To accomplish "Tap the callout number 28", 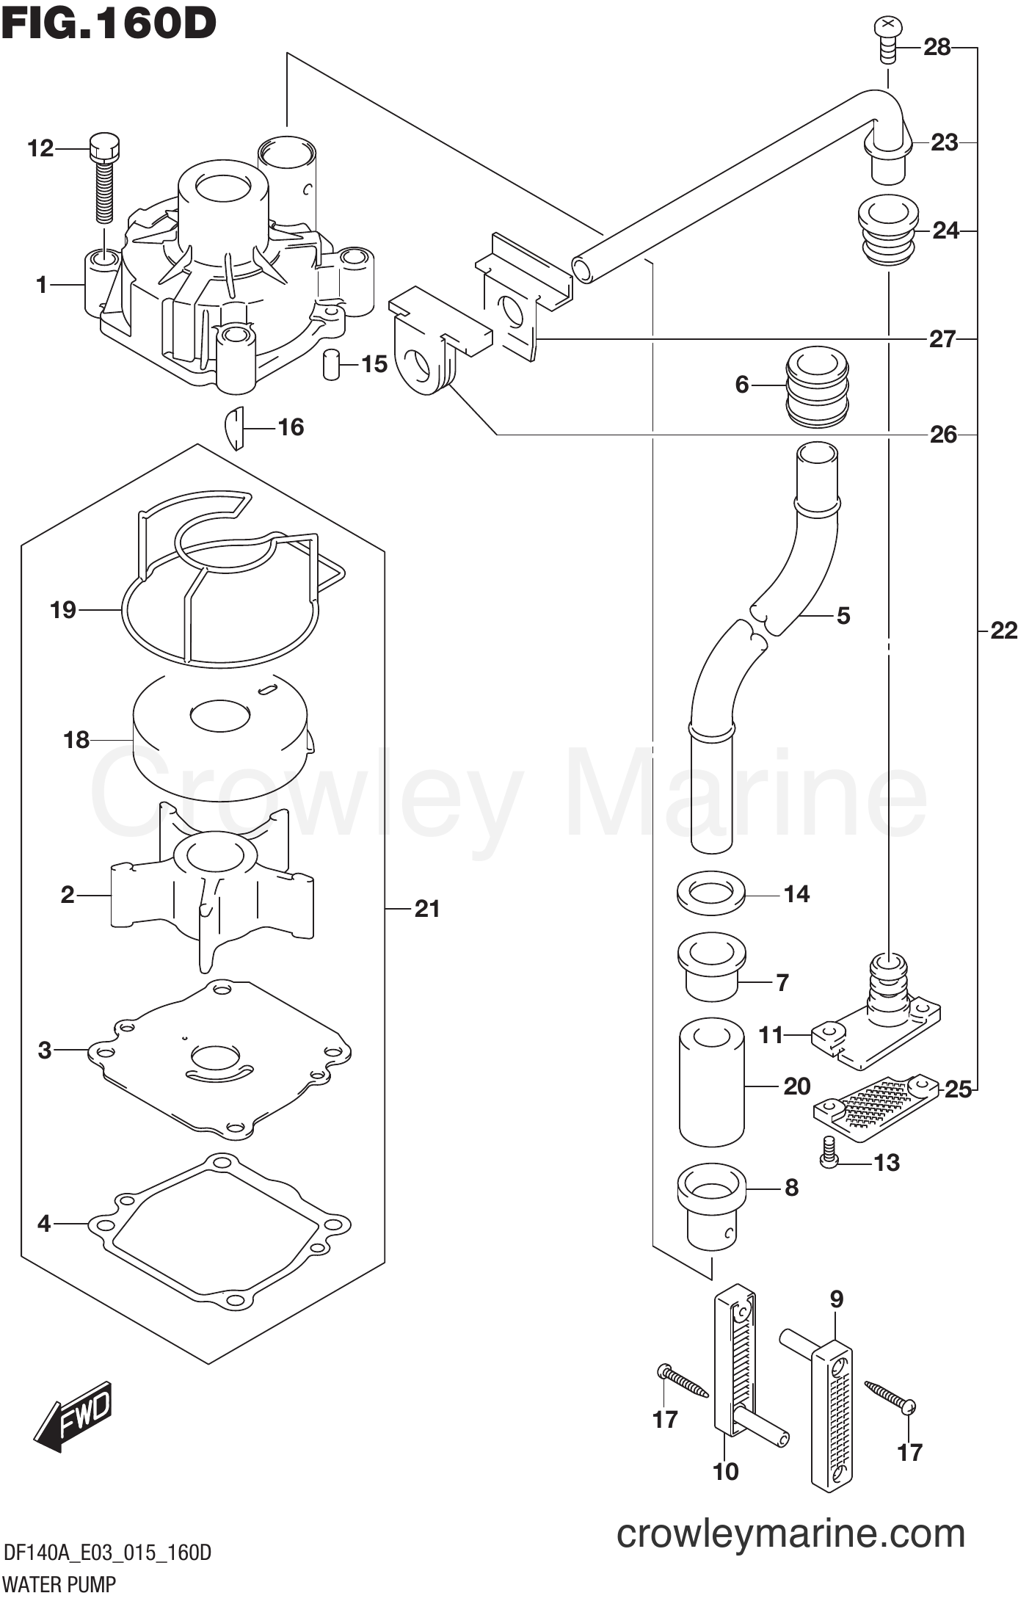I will click(937, 48).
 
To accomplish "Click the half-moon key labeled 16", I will click(234, 427).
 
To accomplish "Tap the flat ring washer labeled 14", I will click(710, 893).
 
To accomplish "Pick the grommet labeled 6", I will click(816, 387).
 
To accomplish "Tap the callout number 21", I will click(426, 909).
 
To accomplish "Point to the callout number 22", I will click(1003, 631).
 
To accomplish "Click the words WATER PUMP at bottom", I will click(59, 1585).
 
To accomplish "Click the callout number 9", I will click(836, 1299).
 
